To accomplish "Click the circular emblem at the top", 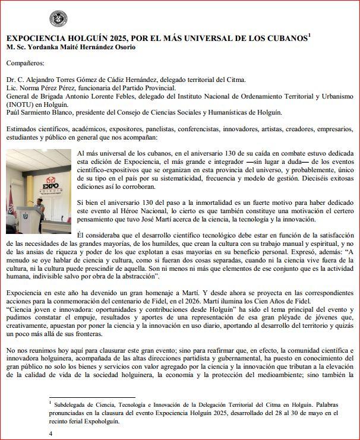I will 58,19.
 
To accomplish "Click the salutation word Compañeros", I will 26,63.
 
